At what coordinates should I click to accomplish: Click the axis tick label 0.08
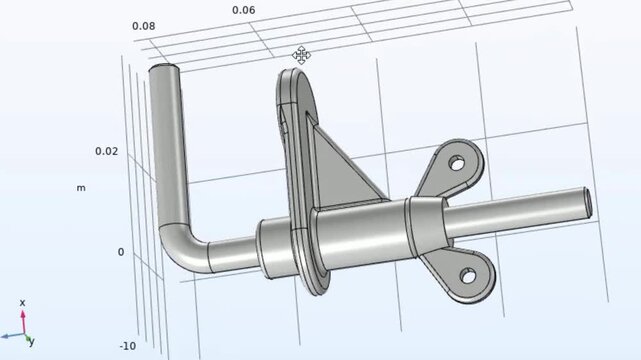coord(143,26)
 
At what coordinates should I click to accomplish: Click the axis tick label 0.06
coord(243,10)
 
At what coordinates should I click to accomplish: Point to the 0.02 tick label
coord(106,151)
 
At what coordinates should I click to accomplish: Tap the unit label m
coord(81,187)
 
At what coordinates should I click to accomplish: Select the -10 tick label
coord(128,346)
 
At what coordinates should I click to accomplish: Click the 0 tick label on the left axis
coord(121,252)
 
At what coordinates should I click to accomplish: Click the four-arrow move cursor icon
coord(301,54)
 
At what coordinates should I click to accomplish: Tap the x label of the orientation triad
coord(22,302)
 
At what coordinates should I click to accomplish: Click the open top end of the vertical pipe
coord(164,70)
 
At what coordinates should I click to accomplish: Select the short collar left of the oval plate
coord(273,244)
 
